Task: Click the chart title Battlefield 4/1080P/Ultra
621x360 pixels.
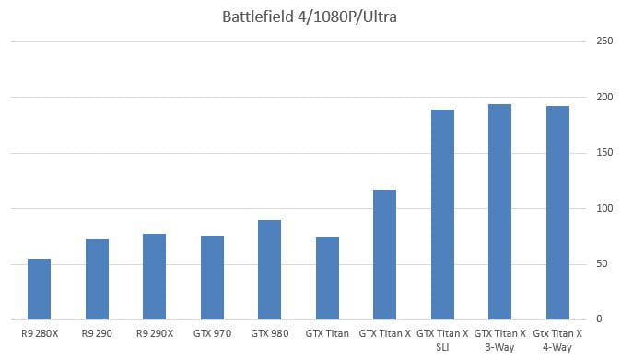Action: pyautogui.click(x=300, y=17)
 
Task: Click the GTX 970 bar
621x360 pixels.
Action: pyautogui.click(x=212, y=277)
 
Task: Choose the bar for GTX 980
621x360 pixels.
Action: pyautogui.click(x=269, y=270)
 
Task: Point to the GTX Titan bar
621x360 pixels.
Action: pyautogui.click(x=327, y=278)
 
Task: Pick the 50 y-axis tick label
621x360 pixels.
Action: pyautogui.click(x=603, y=264)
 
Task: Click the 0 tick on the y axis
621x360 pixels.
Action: pyautogui.click(x=601, y=319)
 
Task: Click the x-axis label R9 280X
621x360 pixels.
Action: pyautogui.click(x=40, y=331)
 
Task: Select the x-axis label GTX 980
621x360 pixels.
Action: pyautogui.click(x=269, y=331)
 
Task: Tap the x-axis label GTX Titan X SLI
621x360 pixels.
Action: pyautogui.click(x=442, y=337)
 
